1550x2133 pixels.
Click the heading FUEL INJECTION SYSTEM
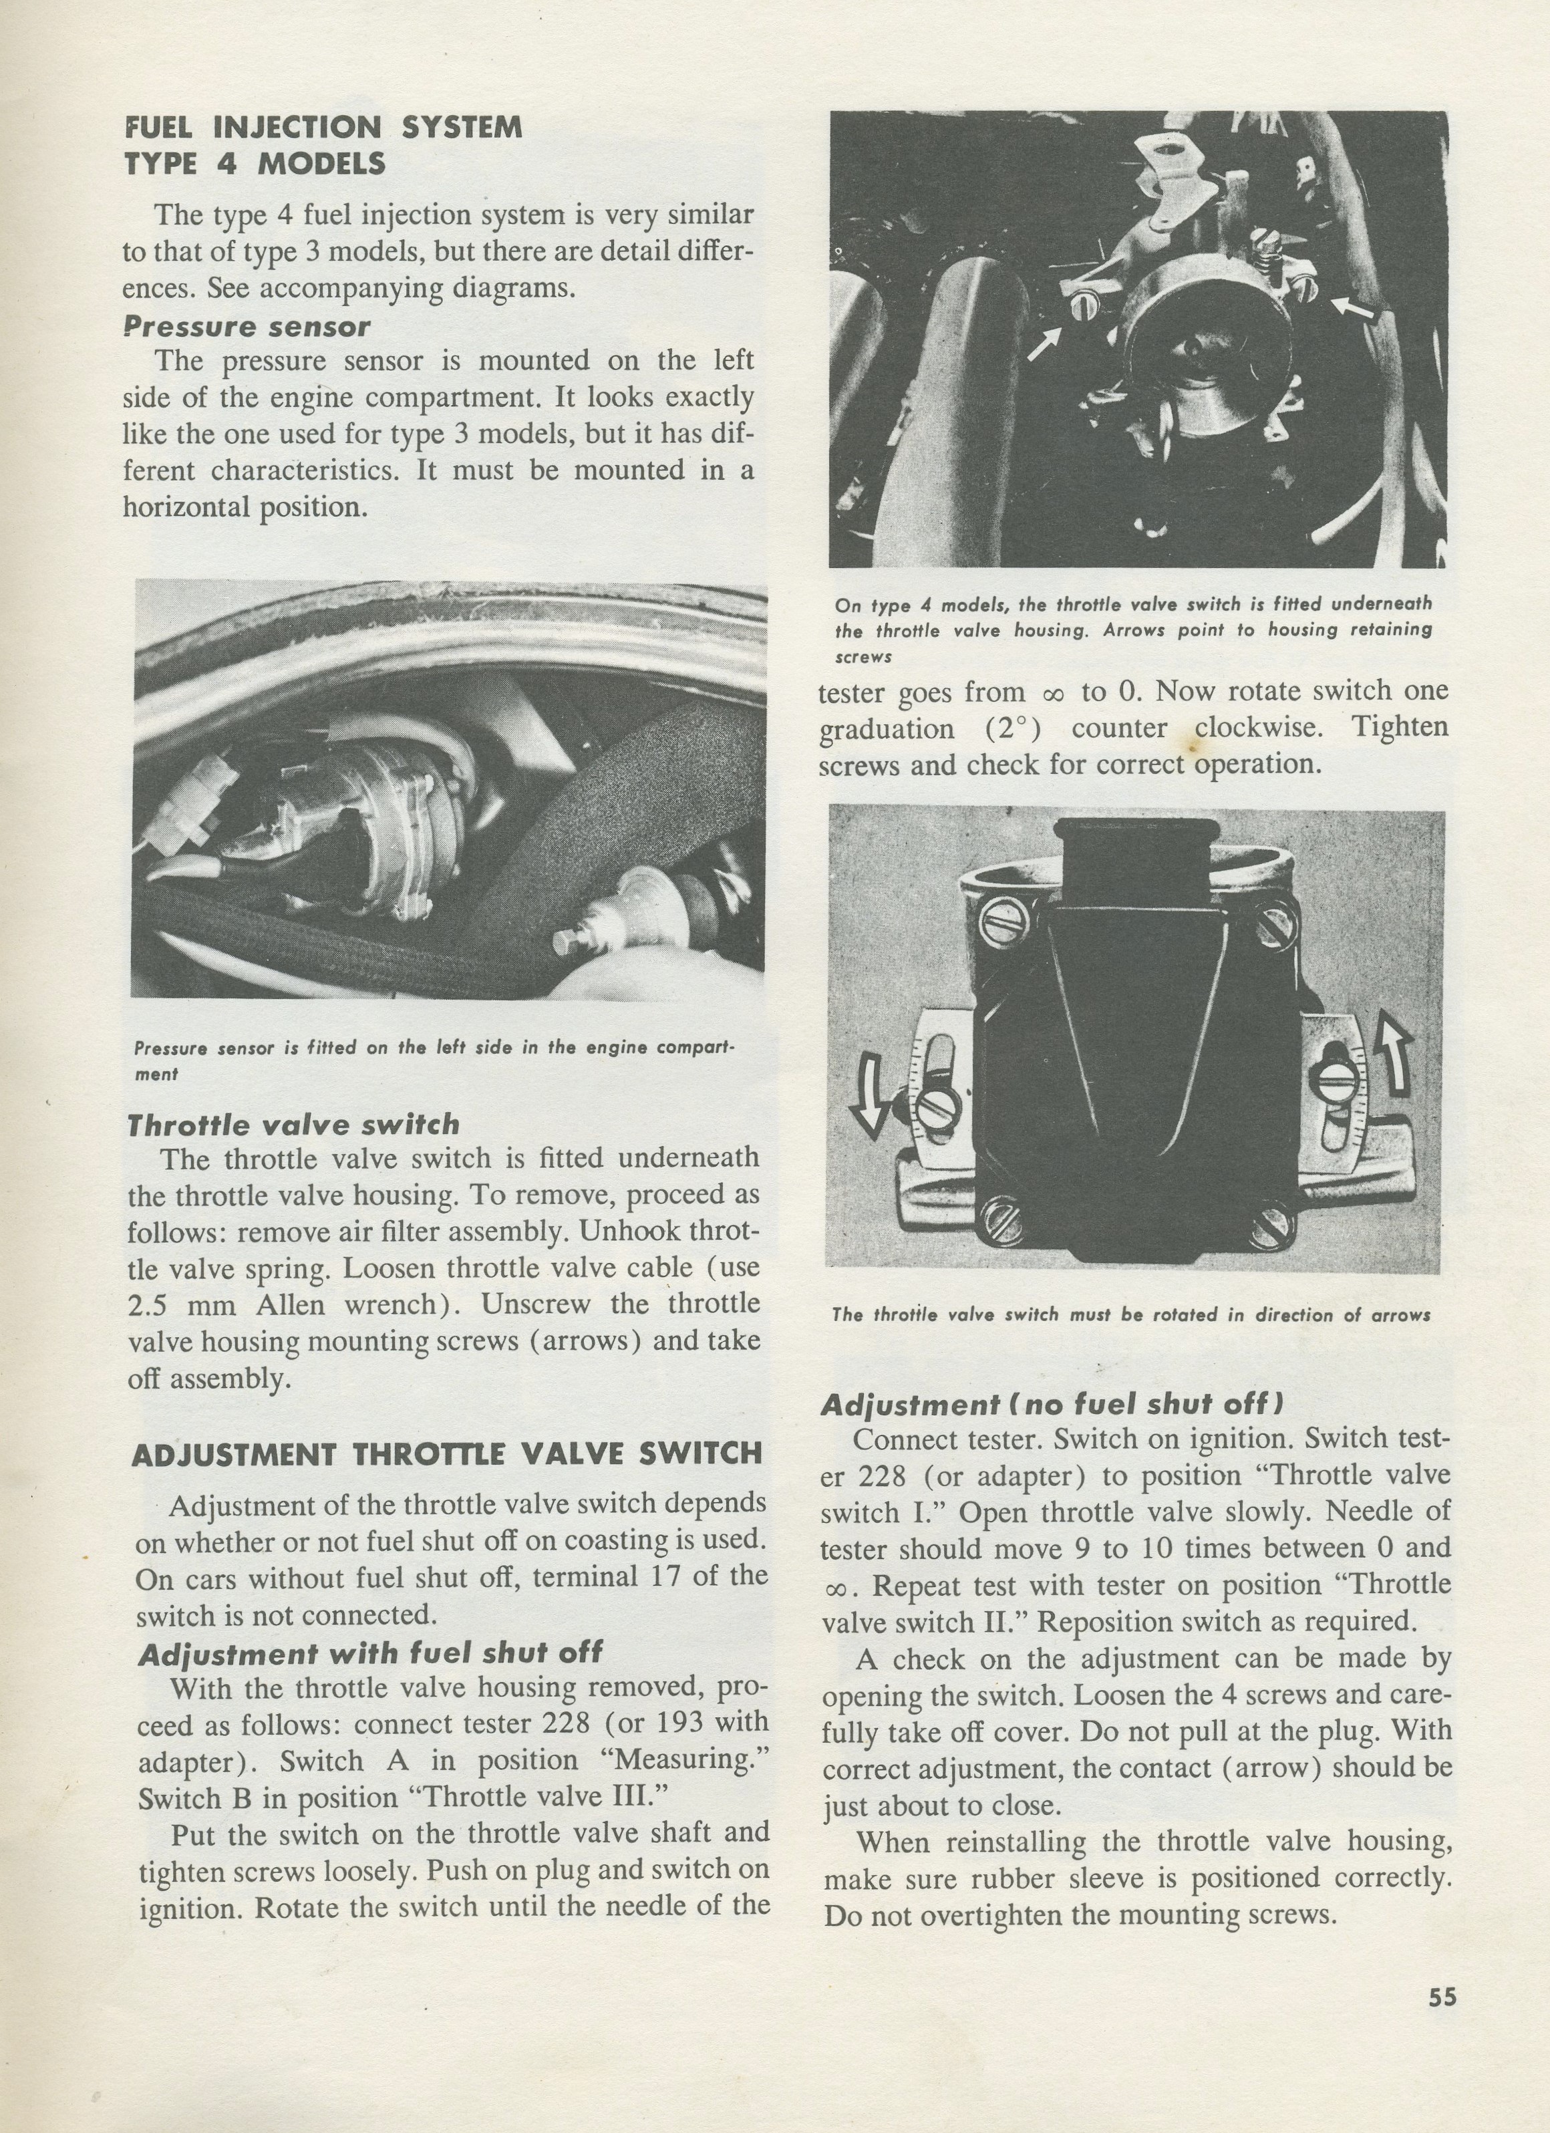[323, 128]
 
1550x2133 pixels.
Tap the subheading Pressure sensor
[247, 327]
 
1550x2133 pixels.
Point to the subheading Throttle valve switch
[293, 1125]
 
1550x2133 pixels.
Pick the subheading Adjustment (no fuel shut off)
[1052, 1404]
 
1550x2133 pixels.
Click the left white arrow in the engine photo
[1043, 343]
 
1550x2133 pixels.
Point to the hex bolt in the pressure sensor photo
[566, 945]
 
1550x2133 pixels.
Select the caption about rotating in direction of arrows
[1130, 1315]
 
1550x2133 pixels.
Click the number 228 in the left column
[566, 1724]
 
